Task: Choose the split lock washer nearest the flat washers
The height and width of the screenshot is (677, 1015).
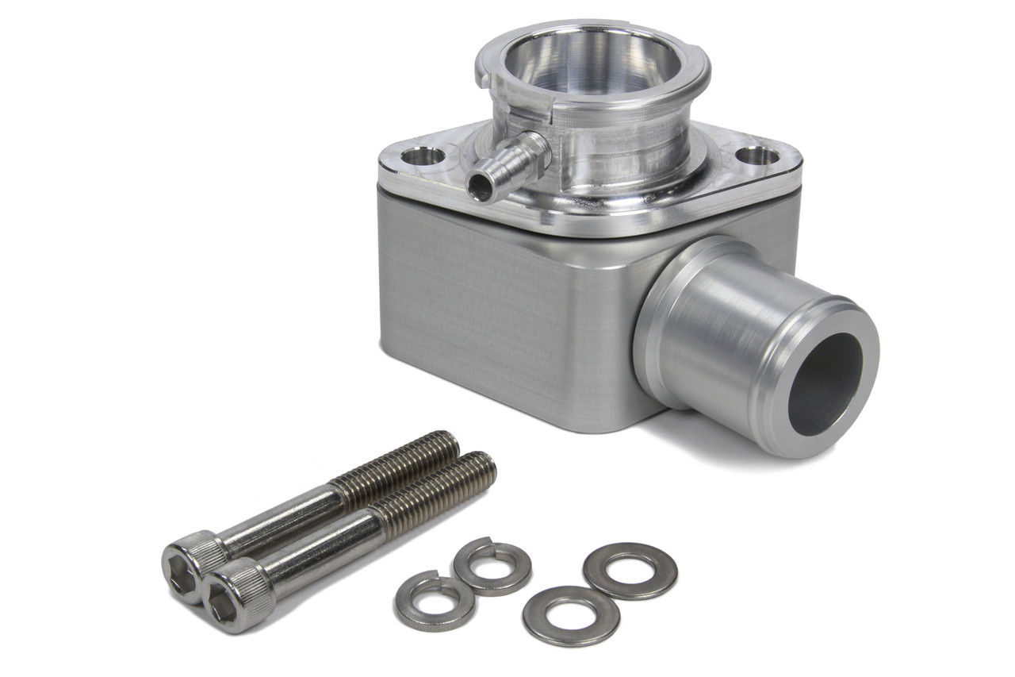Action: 492,566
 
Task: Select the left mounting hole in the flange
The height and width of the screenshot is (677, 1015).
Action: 423,156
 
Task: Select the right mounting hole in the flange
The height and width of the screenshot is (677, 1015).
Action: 757,156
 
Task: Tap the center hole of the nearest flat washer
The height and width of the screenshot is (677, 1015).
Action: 571,616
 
